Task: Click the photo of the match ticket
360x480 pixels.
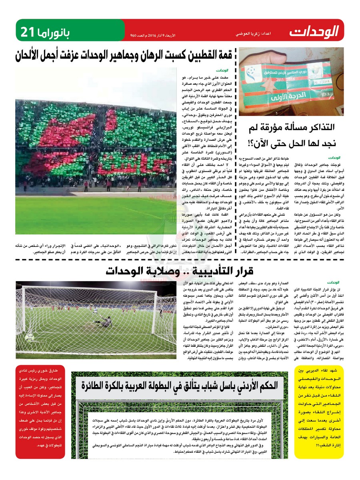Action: click(x=291, y=82)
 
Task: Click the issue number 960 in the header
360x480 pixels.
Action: click(x=134, y=36)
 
